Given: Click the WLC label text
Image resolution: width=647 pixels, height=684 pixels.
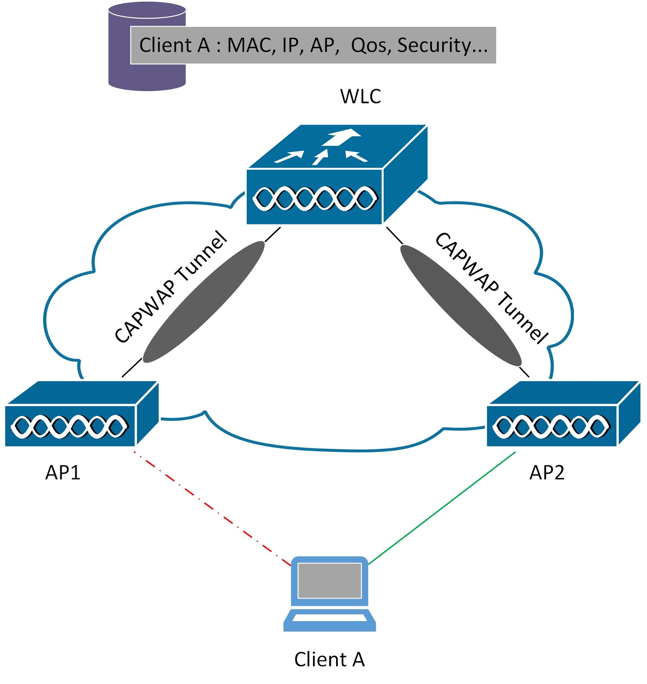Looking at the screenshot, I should [360, 97].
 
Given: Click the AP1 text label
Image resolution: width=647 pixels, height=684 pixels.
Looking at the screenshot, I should [63, 472].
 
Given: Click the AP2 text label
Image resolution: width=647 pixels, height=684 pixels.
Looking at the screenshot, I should [547, 472].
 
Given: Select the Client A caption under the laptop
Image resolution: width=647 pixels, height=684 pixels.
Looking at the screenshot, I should [329, 659].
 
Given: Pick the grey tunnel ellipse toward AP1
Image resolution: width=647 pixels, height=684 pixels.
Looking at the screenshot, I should [204, 302].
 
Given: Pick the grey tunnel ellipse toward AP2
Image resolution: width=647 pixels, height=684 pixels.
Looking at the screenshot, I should [461, 305].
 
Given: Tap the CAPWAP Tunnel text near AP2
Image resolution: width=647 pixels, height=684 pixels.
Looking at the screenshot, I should [492, 287].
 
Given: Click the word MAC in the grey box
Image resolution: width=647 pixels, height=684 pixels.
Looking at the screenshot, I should [251, 45].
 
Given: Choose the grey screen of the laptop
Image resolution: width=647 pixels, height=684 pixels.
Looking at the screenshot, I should [329, 580].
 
